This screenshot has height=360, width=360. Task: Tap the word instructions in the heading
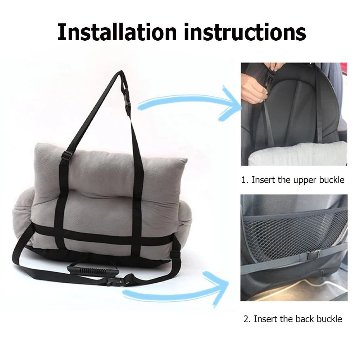point(245,32)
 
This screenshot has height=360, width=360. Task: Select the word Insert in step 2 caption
point(265,319)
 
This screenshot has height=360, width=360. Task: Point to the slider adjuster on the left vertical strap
point(66,156)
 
